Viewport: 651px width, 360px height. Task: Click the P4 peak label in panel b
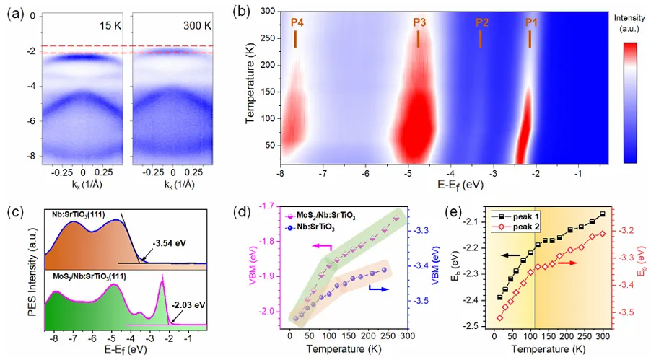pos(297,22)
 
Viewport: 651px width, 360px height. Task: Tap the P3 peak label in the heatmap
pos(419,22)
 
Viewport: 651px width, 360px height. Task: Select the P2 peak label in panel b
pos(482,22)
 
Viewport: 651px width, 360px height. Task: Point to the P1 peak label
pos(531,22)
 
